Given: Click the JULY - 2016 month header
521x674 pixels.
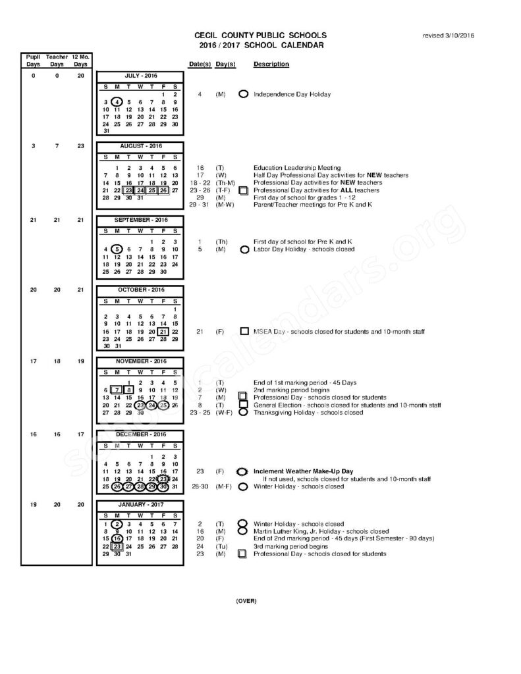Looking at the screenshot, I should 140,76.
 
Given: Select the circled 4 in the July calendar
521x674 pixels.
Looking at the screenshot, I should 117,102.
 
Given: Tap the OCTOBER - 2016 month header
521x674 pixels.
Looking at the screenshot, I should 140,290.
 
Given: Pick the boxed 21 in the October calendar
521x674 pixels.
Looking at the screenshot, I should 163,332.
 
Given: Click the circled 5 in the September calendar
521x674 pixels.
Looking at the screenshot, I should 117,249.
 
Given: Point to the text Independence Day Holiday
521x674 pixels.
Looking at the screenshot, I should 292,94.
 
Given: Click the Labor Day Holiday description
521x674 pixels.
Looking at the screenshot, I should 304,249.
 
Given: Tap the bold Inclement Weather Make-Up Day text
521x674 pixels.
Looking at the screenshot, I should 304,472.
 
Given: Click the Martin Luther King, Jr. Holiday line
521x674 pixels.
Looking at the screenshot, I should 321,531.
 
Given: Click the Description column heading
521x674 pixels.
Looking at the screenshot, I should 271,65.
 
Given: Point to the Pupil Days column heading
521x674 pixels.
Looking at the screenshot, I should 34,61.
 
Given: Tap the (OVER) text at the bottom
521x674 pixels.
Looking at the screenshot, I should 246,601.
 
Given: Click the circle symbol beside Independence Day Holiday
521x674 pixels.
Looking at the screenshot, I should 243,94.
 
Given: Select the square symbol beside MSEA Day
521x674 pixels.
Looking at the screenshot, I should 244,332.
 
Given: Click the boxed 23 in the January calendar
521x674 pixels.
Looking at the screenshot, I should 117,546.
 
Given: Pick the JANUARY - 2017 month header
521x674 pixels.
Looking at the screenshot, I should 140,505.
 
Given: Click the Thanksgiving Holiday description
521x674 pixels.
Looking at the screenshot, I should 308,413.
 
